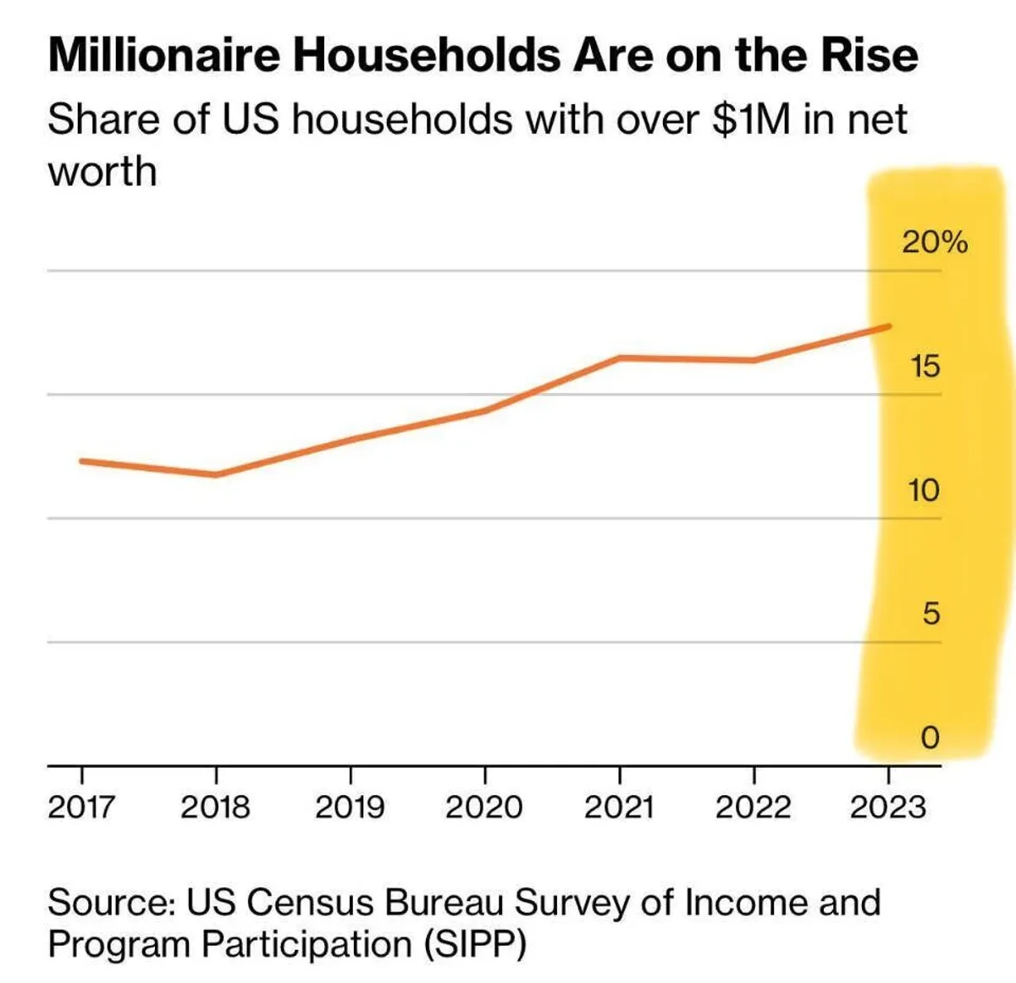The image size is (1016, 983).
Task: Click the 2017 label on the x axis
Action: [80, 807]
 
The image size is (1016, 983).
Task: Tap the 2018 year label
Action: [215, 807]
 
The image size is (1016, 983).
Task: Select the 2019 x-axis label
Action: [350, 807]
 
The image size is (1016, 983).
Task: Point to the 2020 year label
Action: [484, 807]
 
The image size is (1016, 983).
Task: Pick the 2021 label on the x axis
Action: [619, 807]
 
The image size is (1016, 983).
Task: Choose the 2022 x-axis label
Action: [753, 807]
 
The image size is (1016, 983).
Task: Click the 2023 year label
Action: [888, 807]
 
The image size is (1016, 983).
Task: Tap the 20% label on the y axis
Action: [934, 242]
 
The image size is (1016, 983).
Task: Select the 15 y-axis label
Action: [925, 367]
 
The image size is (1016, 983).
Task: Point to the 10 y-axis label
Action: [924, 490]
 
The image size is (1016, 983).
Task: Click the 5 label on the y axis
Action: [930, 614]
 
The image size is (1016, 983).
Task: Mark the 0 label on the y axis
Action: [930, 738]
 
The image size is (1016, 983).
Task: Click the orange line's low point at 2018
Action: [216, 474]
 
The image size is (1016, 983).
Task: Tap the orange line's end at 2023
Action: [888, 326]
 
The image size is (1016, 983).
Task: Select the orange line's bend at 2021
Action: [620, 357]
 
